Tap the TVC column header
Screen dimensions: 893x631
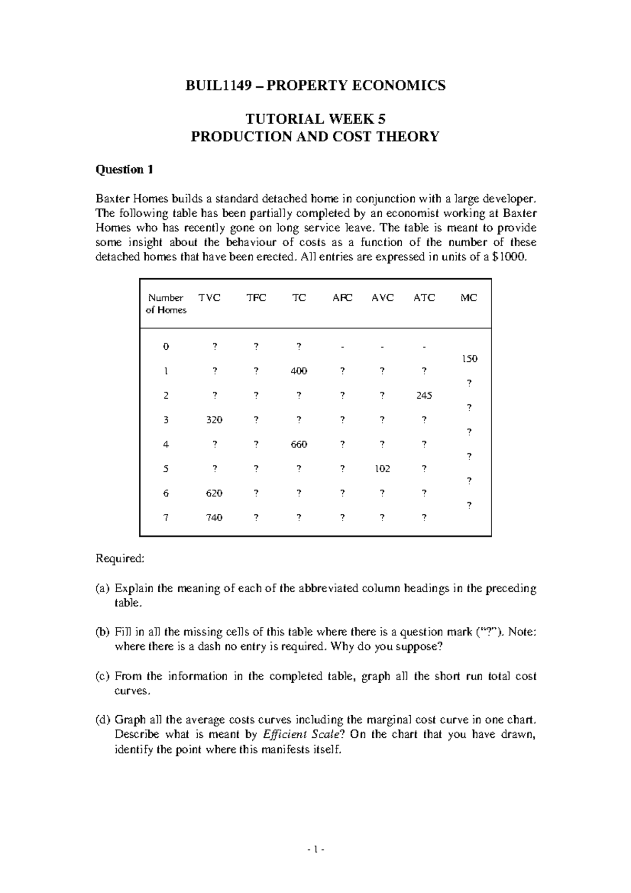(209, 298)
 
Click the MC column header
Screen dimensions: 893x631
(469, 298)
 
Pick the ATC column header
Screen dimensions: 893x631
(424, 298)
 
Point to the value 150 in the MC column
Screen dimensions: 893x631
(469, 359)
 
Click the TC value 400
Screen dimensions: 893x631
(299, 371)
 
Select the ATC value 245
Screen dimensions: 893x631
(423, 395)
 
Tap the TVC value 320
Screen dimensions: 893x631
(214, 420)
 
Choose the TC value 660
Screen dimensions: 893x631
(299, 444)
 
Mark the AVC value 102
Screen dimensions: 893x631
(382, 469)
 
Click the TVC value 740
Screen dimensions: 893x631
(214, 517)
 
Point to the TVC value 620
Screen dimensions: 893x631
(214, 493)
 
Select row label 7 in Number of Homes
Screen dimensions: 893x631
(166, 517)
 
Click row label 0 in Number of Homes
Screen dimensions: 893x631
(166, 347)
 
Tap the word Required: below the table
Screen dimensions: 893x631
(119, 559)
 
